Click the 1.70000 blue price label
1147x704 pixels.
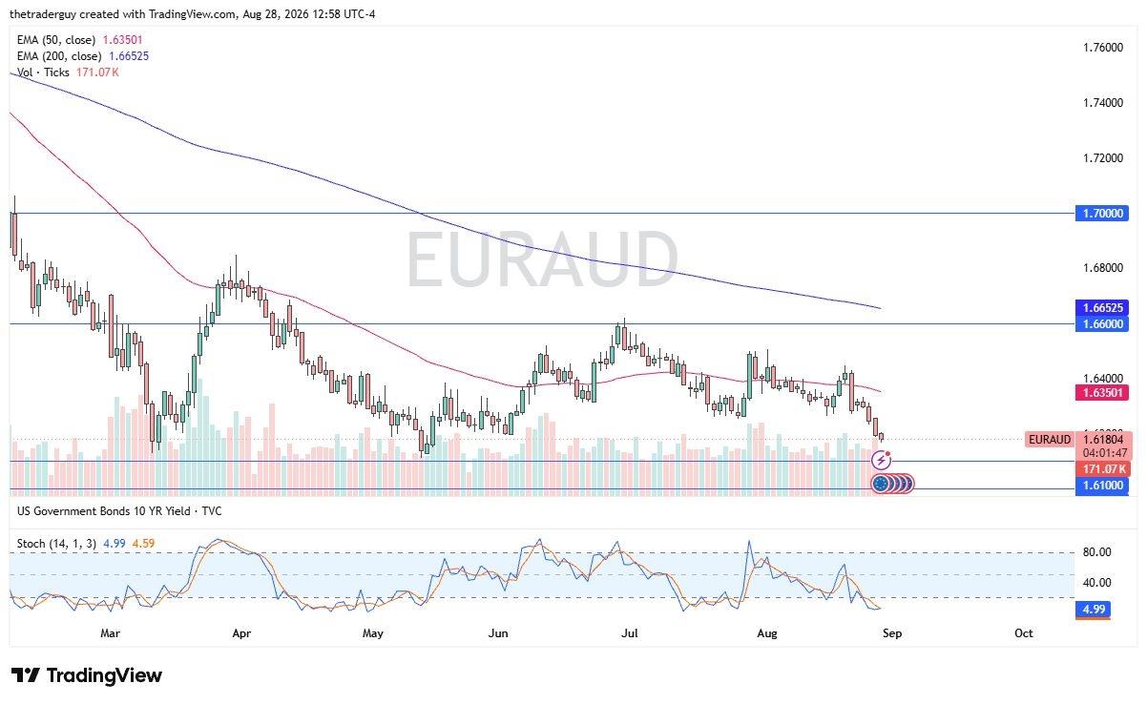click(x=1101, y=213)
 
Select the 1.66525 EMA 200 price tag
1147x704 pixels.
click(x=1101, y=307)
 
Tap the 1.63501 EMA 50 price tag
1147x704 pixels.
click(x=1101, y=393)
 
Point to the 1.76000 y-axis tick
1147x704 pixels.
click(x=1103, y=48)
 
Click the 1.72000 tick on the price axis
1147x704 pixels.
click(x=1103, y=157)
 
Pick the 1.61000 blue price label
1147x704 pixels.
click(x=1101, y=486)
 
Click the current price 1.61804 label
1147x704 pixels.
click(x=1103, y=440)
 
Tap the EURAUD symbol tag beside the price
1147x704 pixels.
click(x=1050, y=440)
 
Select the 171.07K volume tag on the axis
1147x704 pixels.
click(x=1103, y=468)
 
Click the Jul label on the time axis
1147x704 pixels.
click(x=629, y=633)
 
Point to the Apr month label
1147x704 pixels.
click(x=241, y=633)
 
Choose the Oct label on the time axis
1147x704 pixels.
click(x=1024, y=633)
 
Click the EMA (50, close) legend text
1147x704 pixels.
click(x=56, y=40)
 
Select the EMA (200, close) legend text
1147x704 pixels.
click(x=59, y=56)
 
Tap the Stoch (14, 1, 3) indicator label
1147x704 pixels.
click(x=56, y=543)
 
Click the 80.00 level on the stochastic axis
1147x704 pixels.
click(x=1096, y=552)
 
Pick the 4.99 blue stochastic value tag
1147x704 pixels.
click(x=1094, y=610)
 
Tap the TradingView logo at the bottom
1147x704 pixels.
click(x=87, y=675)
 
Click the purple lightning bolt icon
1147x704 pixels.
click(x=882, y=461)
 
